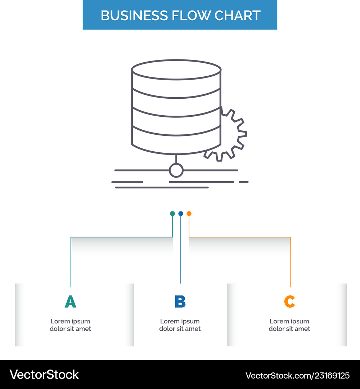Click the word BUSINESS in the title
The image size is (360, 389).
click(134, 15)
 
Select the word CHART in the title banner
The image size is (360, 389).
click(237, 15)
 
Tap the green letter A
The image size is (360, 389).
click(71, 302)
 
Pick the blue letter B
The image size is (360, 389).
click(180, 302)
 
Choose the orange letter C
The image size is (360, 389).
click(289, 302)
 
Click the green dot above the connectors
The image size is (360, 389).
click(172, 214)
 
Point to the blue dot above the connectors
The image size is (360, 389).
click(181, 214)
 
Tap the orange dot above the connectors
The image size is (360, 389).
click(189, 214)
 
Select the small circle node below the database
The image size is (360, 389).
click(176, 170)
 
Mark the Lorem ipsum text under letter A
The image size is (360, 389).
click(71, 325)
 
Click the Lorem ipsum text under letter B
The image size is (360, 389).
click(180, 325)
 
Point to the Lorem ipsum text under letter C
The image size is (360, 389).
click(289, 325)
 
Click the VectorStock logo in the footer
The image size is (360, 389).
click(44, 375)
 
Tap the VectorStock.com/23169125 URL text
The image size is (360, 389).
click(297, 376)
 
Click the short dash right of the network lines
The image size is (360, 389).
click(244, 182)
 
